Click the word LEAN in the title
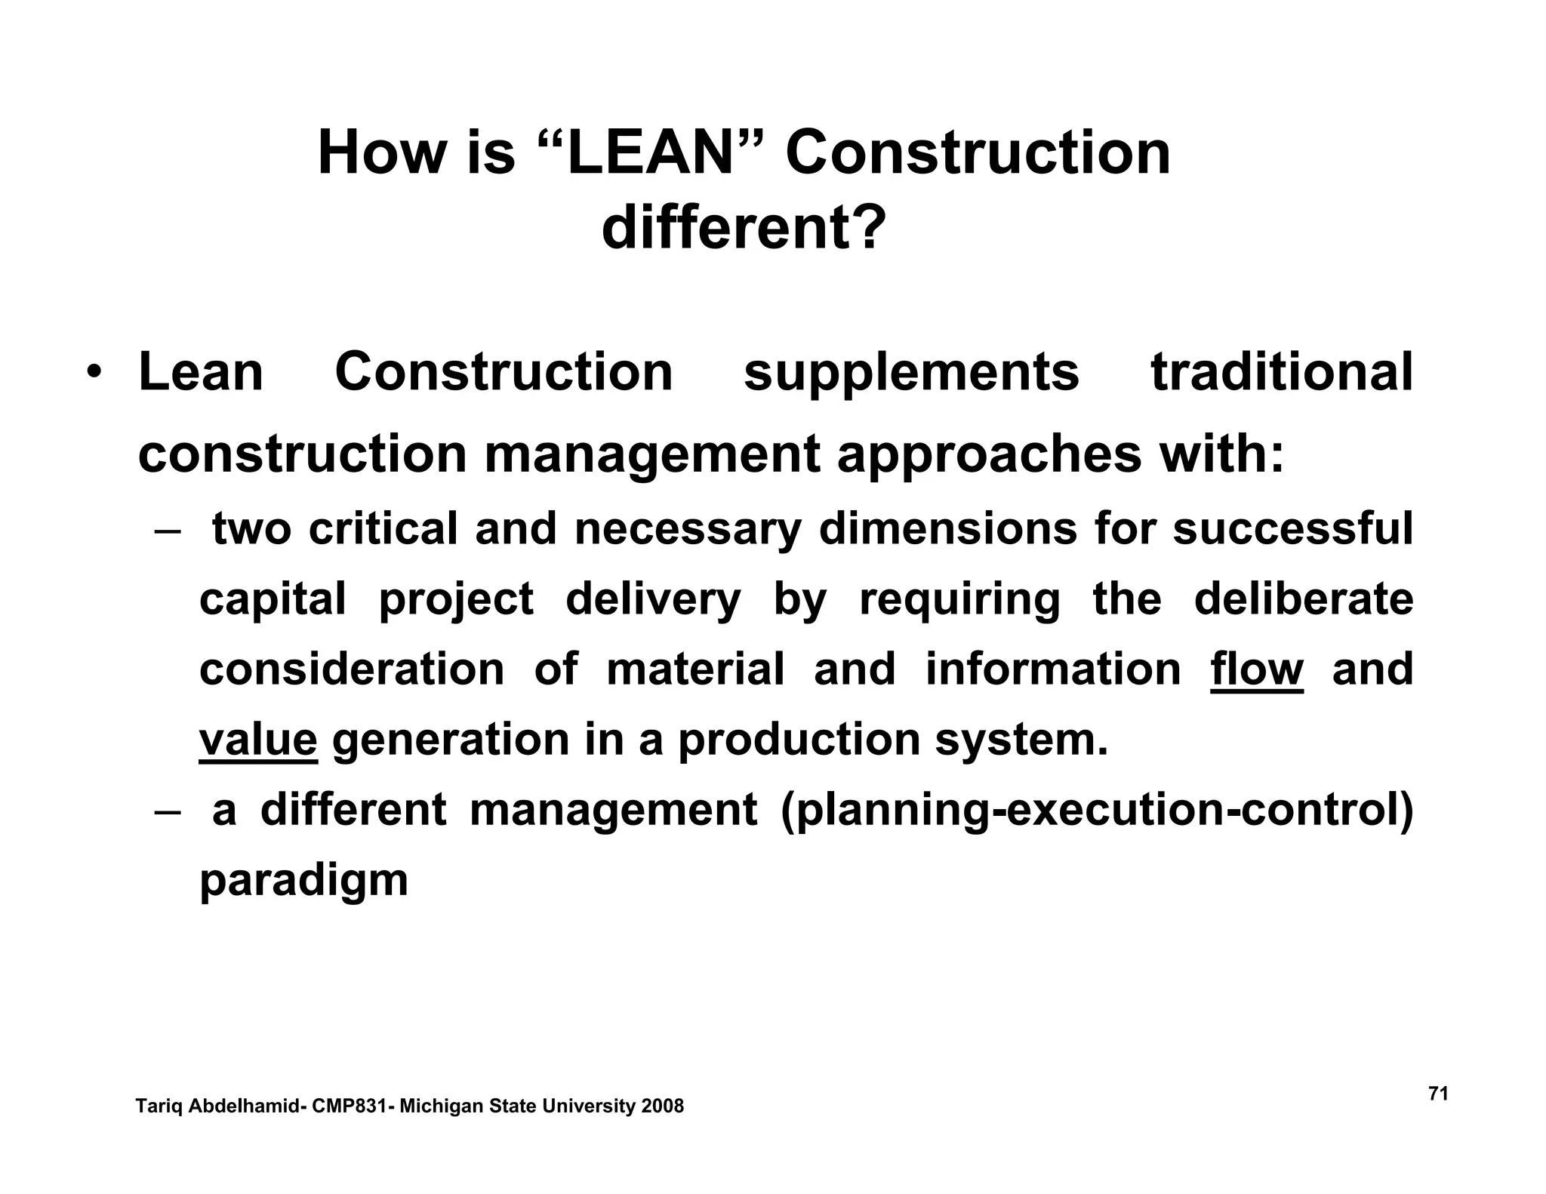click(650, 153)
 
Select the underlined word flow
click(1256, 669)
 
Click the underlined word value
click(258, 739)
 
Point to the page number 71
click(1438, 1094)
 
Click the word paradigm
click(303, 880)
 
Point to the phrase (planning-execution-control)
click(1096, 810)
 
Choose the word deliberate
click(1303, 599)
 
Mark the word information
click(1053, 669)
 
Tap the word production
click(799, 739)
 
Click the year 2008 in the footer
click(662, 1106)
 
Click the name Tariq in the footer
click(159, 1106)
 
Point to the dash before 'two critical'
click(167, 530)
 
